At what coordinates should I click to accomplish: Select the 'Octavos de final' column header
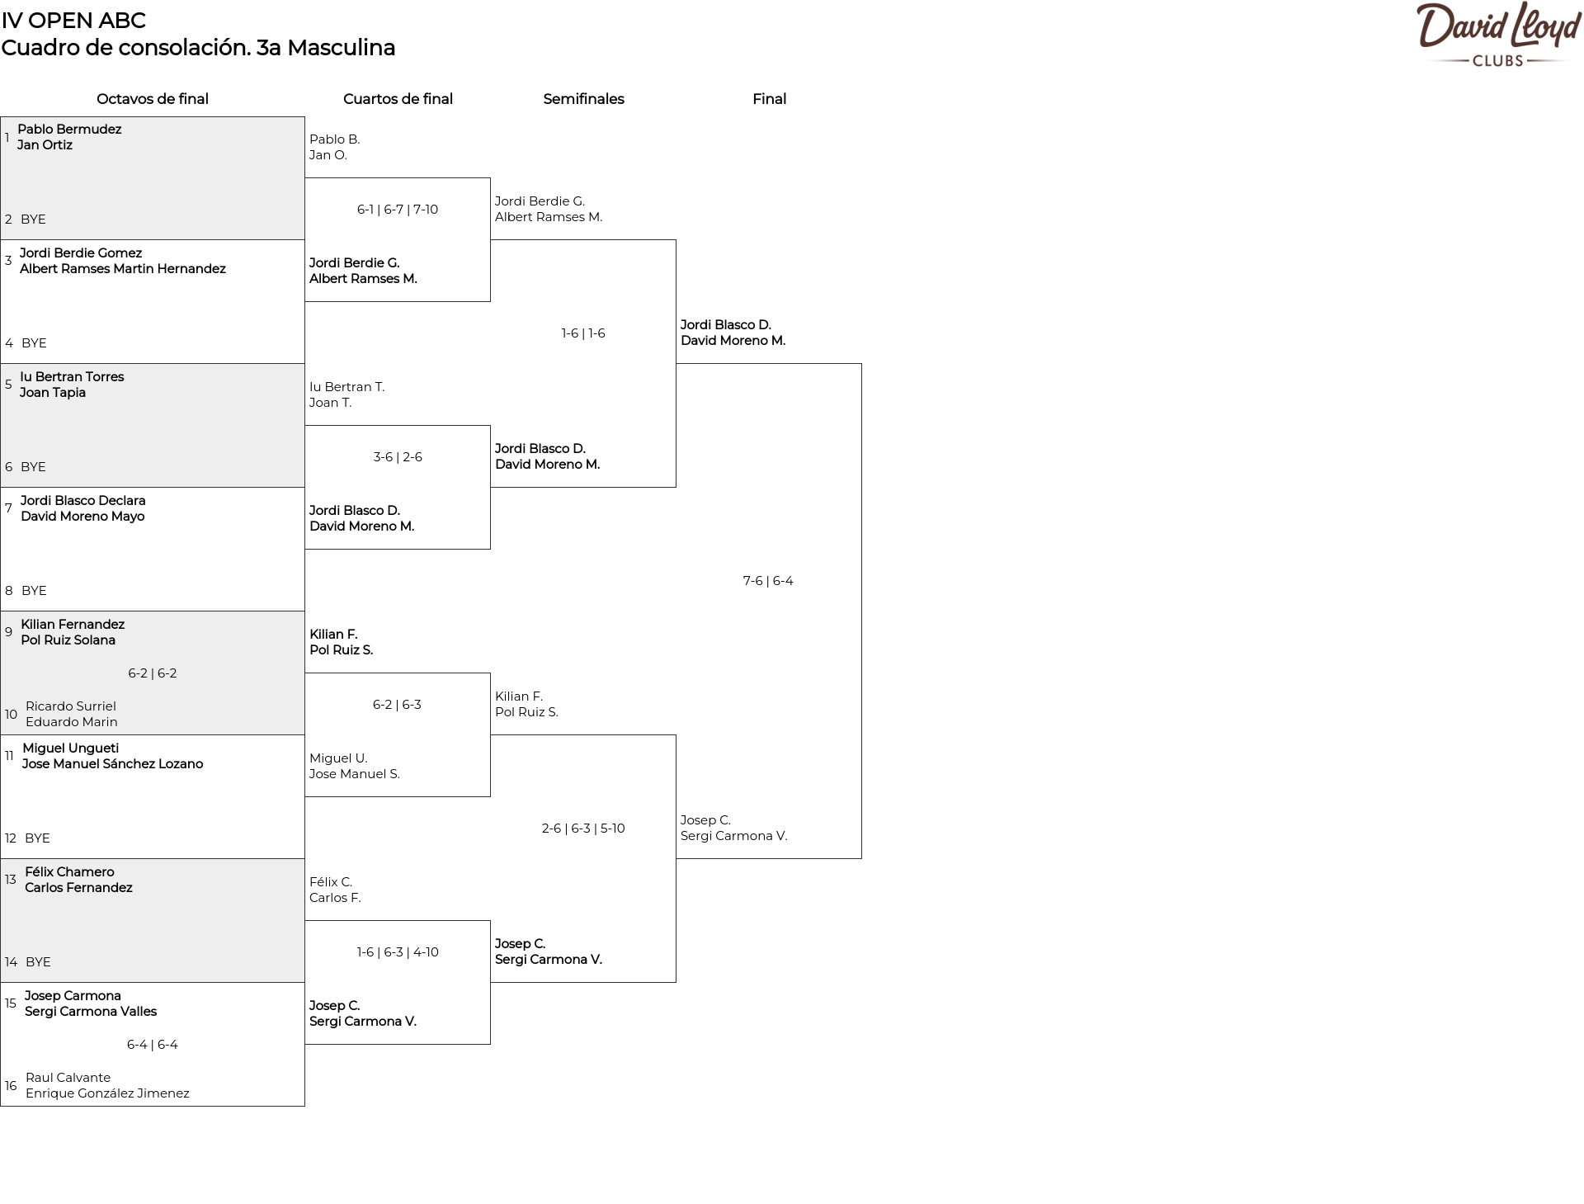tap(153, 99)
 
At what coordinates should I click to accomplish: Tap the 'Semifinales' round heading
tap(583, 99)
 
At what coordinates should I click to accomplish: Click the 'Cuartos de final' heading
tap(398, 99)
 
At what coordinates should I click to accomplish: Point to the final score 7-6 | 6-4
tap(768, 581)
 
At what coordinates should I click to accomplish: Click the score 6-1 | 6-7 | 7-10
tap(398, 210)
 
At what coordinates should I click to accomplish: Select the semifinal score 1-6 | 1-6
tap(583, 333)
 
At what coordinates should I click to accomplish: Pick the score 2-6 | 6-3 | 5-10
tap(583, 829)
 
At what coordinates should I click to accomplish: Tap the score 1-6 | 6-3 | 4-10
tap(398, 952)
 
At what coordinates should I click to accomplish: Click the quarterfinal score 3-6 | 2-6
tap(398, 457)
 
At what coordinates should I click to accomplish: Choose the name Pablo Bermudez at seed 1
tap(69, 130)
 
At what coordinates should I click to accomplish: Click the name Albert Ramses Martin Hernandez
tap(123, 269)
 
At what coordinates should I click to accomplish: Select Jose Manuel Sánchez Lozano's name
tap(112, 764)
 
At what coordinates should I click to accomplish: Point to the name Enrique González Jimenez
tap(107, 1093)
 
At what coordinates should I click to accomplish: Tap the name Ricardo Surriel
tap(71, 706)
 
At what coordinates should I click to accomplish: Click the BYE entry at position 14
tap(38, 962)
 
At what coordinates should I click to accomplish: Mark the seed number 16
tap(11, 1086)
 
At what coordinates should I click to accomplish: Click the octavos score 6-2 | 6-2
tap(153, 673)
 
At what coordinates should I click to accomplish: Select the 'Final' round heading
tap(769, 99)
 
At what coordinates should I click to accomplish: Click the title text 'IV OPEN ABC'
tap(73, 21)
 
